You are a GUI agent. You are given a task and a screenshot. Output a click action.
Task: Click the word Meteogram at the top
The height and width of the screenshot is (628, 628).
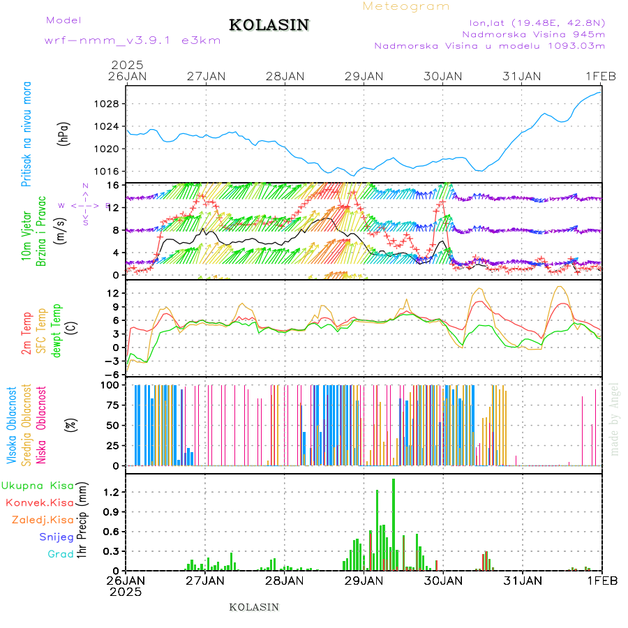[x=406, y=6]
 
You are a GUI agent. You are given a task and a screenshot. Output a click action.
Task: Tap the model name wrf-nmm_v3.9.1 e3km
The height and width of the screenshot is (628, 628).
[x=133, y=40]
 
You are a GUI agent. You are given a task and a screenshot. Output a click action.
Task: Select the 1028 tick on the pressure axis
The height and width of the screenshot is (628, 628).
[x=111, y=104]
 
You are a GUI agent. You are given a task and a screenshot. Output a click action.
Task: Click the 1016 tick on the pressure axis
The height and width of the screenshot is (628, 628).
[x=111, y=171]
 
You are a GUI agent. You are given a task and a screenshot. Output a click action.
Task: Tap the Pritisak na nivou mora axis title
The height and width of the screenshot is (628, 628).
[x=27, y=137]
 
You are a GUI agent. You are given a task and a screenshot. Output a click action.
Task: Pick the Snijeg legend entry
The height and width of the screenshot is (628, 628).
[x=57, y=537]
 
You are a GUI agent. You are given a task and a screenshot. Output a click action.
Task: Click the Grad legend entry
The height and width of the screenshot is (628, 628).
[x=60, y=554]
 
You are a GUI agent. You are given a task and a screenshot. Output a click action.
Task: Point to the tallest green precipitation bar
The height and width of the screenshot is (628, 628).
[x=394, y=523]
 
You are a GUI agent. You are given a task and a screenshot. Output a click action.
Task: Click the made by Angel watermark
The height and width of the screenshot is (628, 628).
[x=615, y=419]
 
